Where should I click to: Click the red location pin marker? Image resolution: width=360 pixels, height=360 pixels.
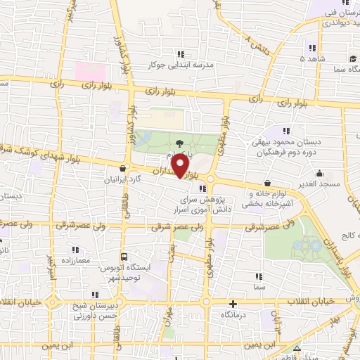coord(180,167)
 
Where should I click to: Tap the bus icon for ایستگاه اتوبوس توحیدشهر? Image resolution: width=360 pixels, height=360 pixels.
coord(124,257)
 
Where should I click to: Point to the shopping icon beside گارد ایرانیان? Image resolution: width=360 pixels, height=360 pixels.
coord(124,168)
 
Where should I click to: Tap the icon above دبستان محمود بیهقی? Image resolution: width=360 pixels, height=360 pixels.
coord(285,131)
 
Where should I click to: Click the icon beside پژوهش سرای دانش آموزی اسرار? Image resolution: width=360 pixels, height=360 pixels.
coord(203,188)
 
